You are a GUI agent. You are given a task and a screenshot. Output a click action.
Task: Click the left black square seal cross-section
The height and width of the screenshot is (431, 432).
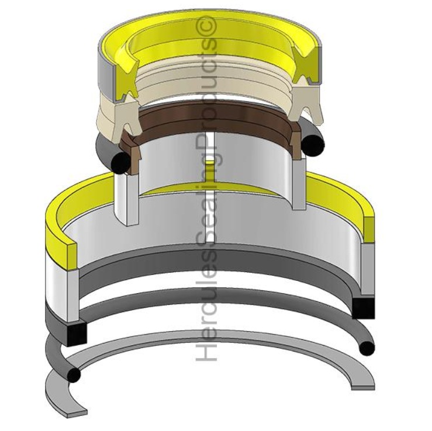(77, 334)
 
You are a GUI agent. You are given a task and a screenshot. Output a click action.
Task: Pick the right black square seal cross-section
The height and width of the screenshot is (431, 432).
(364, 308)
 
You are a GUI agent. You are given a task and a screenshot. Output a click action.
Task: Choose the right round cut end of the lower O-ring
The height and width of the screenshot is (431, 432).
(367, 349)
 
